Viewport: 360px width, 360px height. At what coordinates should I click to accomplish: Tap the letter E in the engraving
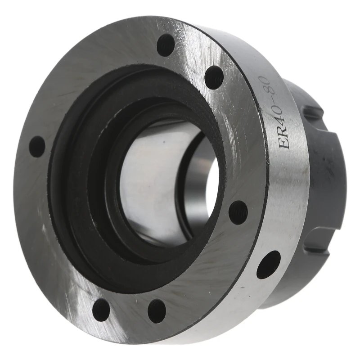click(x=284, y=144)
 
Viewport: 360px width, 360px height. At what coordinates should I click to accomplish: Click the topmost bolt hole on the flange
click(x=166, y=45)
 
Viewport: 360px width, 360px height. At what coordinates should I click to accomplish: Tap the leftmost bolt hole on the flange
click(x=37, y=147)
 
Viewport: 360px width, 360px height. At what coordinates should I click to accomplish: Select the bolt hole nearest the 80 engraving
click(x=214, y=77)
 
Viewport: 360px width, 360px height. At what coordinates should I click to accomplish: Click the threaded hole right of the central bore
click(x=238, y=212)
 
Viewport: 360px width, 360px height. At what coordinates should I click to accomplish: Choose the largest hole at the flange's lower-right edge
click(x=269, y=264)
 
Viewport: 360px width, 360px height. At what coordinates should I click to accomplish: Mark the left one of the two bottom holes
click(x=101, y=310)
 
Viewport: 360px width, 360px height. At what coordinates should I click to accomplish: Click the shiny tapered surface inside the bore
click(x=148, y=180)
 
